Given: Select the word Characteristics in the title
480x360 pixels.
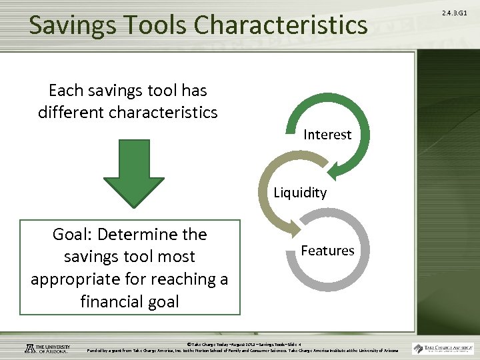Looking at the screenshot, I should pyautogui.click(x=282, y=25).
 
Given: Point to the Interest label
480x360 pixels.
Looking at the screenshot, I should pyautogui.click(x=327, y=135).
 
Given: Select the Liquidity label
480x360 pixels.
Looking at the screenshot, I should pyautogui.click(x=300, y=193).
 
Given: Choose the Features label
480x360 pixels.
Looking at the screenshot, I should pyautogui.click(x=327, y=251).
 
